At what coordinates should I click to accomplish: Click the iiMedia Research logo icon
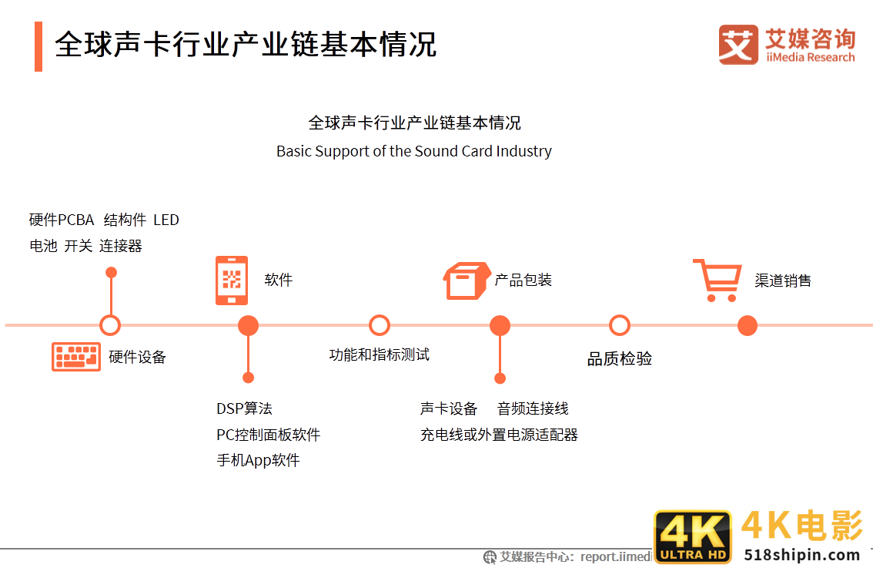[x=738, y=45]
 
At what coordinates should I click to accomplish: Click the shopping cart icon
[x=717, y=280]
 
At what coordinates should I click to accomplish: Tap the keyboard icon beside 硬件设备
[x=76, y=356]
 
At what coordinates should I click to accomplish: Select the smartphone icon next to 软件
[x=231, y=281]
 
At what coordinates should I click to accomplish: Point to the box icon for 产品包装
[x=467, y=281]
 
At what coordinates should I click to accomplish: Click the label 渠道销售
[x=783, y=281]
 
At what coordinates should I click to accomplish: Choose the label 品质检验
[x=620, y=358]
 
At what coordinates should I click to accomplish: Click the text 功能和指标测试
[x=379, y=355]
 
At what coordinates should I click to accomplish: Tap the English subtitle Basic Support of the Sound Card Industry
[x=414, y=151]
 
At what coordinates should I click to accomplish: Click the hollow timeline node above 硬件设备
[x=111, y=325]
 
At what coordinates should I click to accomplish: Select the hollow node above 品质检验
[x=620, y=325]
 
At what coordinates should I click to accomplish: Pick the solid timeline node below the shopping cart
[x=748, y=326]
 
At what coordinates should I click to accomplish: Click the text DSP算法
[x=244, y=408]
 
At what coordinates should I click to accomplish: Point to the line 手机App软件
[x=258, y=461]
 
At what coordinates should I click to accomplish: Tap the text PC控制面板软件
[x=268, y=435]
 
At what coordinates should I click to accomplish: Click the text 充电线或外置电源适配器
[x=499, y=435]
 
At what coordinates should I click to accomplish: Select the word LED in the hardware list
[x=166, y=220]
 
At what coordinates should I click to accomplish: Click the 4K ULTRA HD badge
[x=692, y=537]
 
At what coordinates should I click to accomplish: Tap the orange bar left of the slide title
[x=38, y=46]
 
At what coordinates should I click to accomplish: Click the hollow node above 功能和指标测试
[x=380, y=325]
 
